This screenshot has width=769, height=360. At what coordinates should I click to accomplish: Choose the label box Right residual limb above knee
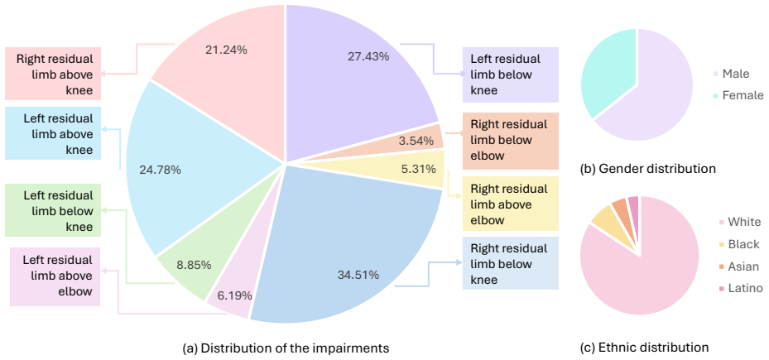click(53, 74)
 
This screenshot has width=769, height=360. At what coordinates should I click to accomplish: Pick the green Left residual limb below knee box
click(53, 210)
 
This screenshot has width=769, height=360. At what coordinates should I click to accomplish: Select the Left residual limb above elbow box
click(55, 277)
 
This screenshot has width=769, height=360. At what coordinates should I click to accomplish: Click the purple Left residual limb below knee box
click(511, 74)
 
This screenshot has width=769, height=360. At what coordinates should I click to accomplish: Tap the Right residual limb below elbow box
click(511, 140)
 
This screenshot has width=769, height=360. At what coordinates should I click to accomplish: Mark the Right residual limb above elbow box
click(511, 204)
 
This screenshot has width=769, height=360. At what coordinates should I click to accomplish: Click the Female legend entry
click(741, 94)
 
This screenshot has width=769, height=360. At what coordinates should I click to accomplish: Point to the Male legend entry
click(733, 74)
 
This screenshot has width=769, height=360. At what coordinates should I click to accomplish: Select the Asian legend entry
click(737, 266)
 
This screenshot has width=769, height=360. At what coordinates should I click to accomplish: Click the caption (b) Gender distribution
click(648, 169)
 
